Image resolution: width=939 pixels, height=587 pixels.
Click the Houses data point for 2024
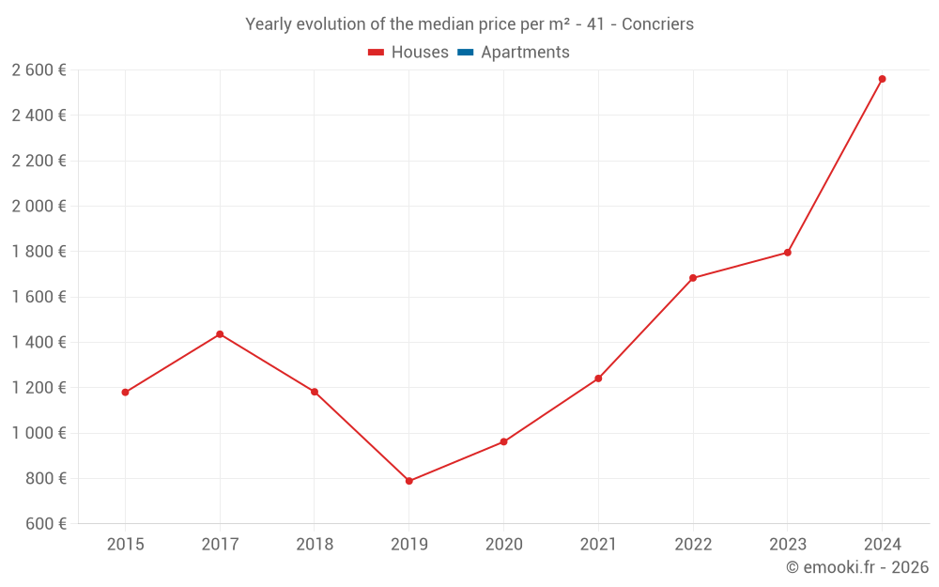[x=882, y=79]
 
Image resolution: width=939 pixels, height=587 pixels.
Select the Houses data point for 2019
[x=408, y=481]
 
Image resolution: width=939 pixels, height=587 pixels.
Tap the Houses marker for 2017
[x=220, y=334]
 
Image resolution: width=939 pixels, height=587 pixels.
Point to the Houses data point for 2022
[x=693, y=278]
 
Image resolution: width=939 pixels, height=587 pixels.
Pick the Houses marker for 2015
[x=125, y=393]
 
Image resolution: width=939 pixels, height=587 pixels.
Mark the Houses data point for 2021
[x=598, y=378]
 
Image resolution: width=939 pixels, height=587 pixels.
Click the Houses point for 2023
[x=787, y=253]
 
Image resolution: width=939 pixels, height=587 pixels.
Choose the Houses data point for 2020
[x=503, y=441]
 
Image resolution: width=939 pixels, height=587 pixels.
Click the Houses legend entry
[x=408, y=53]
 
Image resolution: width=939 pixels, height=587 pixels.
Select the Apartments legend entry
[x=514, y=53]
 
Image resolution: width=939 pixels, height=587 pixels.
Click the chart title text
[x=469, y=24]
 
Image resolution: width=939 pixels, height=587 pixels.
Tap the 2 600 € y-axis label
[x=38, y=70]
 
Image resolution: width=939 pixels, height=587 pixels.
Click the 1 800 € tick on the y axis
[x=38, y=252]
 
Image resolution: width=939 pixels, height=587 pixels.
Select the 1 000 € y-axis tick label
[x=38, y=433]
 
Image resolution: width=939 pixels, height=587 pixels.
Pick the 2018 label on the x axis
[x=315, y=545]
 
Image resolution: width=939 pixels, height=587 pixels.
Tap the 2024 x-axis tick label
[x=882, y=545]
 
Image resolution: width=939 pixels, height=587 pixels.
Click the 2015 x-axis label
[x=125, y=545]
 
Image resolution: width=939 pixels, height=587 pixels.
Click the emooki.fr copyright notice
[x=857, y=567]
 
